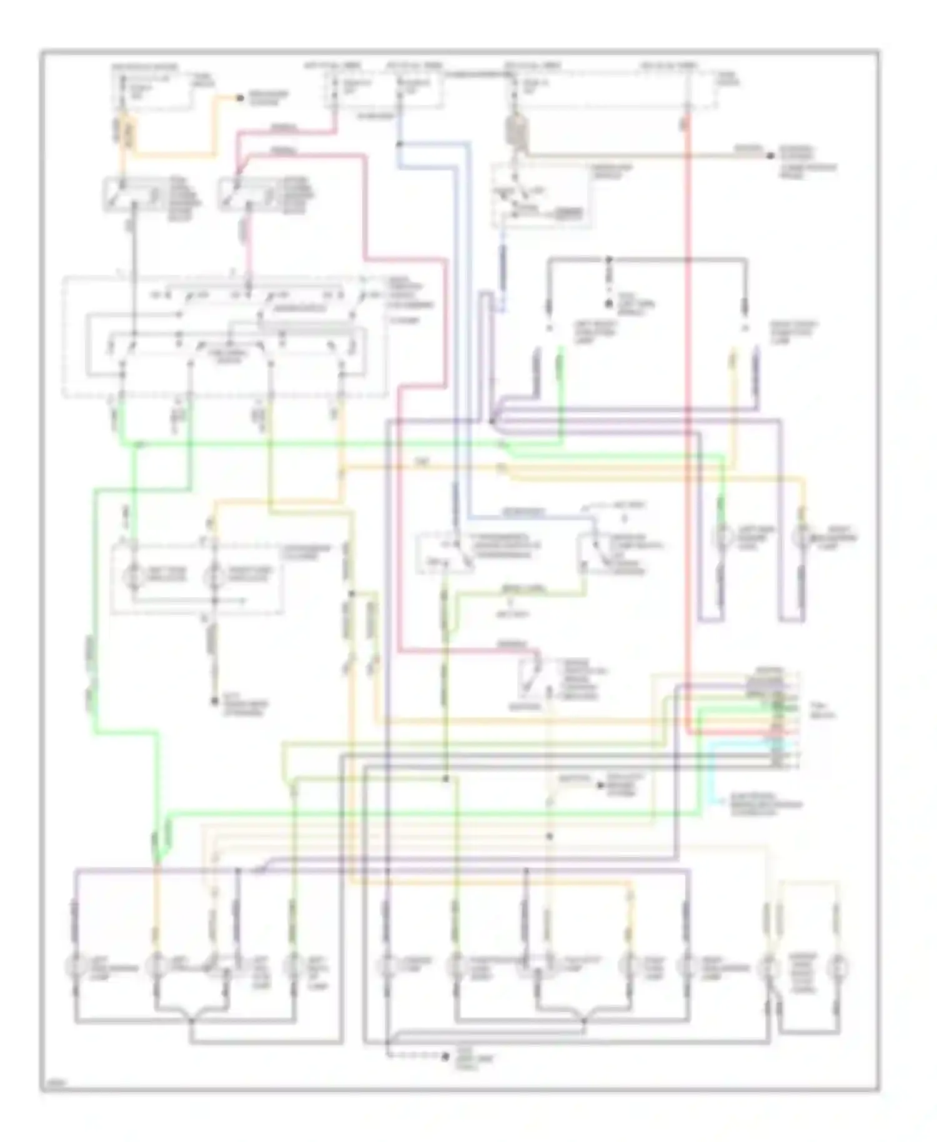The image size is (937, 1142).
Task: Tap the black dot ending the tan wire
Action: pyautogui.click(x=770, y=155)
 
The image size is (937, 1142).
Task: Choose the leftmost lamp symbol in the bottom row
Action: pyautogui.click(x=75, y=968)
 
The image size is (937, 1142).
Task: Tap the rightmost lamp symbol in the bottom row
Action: pyautogui.click(x=837, y=968)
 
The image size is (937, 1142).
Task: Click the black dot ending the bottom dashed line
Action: pyautogui.click(x=445, y=1057)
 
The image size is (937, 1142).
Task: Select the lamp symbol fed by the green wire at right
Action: pyautogui.click(x=723, y=536)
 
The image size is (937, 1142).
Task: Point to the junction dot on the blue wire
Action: pyautogui.click(x=399, y=145)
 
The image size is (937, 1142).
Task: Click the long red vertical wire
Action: pyautogui.click(x=687, y=437)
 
